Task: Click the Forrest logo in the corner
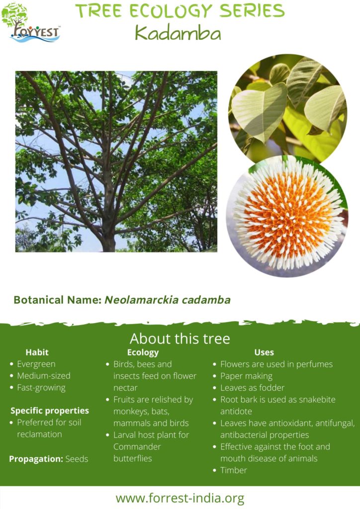33,23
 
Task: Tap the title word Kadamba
178,33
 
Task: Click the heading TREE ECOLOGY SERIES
180,11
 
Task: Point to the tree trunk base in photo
108,243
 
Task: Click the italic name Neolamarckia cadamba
167,300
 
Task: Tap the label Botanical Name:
57,300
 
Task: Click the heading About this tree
180,339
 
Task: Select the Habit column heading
37,352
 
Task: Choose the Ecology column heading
143,352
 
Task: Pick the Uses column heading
264,352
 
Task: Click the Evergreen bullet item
36,364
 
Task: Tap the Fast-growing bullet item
41,387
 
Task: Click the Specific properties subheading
50,411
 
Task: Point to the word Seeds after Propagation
77,459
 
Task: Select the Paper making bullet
246,376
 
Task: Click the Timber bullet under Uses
233,470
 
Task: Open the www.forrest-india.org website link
180,498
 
